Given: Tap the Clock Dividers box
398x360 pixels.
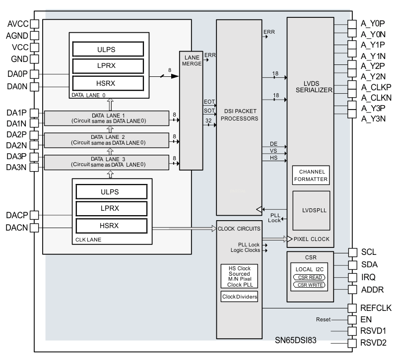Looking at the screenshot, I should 239,297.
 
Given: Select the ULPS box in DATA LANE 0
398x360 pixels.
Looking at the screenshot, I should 108,49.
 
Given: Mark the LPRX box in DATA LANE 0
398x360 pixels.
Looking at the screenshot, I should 108,65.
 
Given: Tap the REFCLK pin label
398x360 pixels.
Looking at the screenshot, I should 375,308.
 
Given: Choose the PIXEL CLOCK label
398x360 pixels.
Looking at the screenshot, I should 311,239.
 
